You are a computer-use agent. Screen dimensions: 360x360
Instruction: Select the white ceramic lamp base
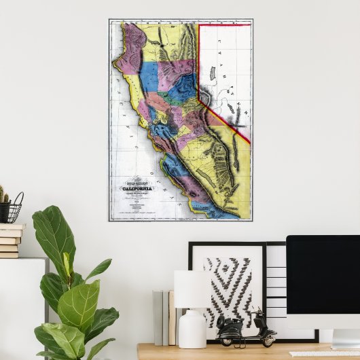(192, 329)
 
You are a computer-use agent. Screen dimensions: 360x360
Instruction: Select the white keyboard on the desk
(323, 353)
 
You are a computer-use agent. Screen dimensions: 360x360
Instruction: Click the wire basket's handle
(17, 198)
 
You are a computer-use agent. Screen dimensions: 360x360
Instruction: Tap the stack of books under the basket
(10, 241)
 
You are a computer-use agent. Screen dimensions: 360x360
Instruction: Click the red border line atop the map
(224, 25)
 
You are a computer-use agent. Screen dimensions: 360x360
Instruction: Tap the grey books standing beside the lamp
(161, 317)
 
